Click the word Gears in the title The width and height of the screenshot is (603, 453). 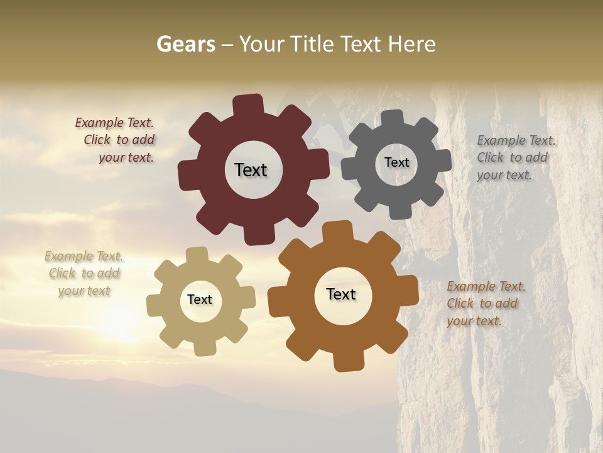pos(185,44)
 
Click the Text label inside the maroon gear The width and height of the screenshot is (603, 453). pos(251,170)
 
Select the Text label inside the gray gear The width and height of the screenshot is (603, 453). pos(396,162)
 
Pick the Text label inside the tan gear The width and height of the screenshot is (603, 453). pos(200,299)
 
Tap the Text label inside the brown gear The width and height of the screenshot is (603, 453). pos(341,294)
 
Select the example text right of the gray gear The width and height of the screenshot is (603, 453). pos(515,157)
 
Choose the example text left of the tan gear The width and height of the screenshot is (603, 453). pos(84,273)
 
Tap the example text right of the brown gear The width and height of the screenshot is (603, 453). pos(485,303)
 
